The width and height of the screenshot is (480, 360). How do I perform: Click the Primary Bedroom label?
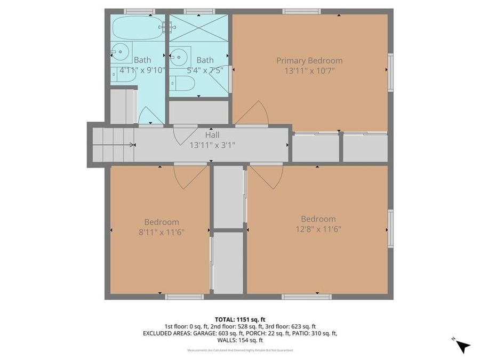(309, 61)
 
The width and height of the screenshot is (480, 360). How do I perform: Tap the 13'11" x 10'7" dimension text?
(309, 70)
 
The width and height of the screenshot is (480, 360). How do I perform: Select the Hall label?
(212, 135)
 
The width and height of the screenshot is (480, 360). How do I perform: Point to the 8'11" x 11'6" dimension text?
(162, 231)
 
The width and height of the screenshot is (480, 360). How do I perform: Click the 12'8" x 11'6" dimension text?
(318, 229)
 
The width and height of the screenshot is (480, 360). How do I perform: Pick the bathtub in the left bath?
(137, 28)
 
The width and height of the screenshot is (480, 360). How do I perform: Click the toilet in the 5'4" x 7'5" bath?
(183, 83)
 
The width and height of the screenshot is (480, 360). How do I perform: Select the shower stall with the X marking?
(198, 28)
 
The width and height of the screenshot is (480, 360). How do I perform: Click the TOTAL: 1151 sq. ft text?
(239, 318)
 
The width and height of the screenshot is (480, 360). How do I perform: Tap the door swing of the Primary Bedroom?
(253, 114)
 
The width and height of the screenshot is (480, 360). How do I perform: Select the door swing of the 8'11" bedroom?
(189, 176)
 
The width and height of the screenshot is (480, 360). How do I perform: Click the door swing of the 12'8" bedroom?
(267, 176)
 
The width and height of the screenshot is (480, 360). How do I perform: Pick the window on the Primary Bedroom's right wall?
(390, 73)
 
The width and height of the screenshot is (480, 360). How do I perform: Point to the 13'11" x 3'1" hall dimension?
(212, 145)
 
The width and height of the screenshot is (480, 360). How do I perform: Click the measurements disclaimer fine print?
(239, 350)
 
